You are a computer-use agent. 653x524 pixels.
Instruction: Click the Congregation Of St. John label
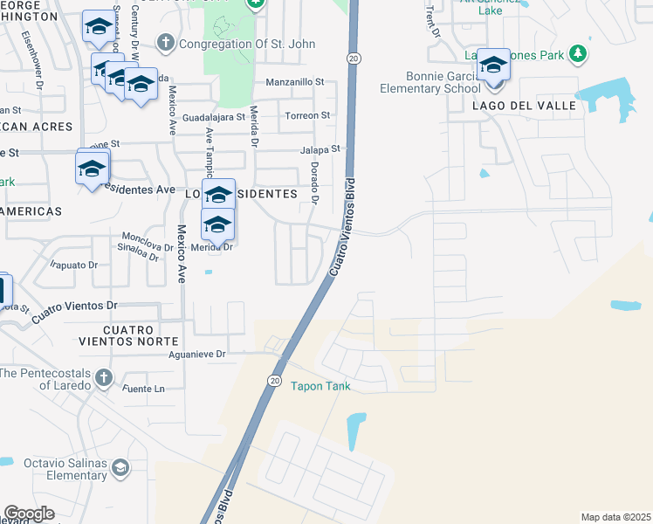click(228, 43)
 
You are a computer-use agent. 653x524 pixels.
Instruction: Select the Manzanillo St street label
click(294, 82)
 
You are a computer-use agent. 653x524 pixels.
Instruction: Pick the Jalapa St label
click(320, 149)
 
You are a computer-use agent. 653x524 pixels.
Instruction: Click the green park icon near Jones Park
click(576, 55)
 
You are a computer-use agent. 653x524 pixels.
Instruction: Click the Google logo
click(28, 514)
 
